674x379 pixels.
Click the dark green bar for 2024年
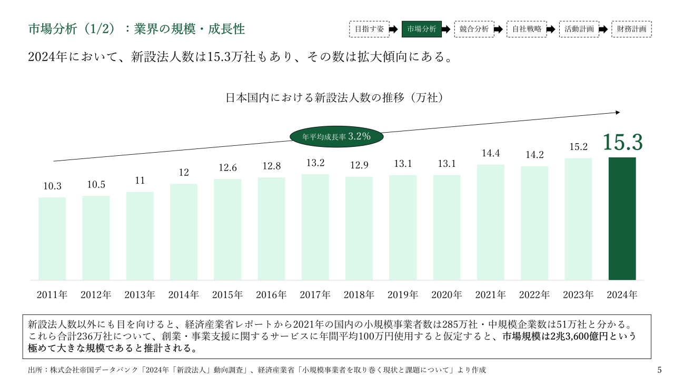pyautogui.click(x=622, y=218)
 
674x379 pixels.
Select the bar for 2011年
pyautogui.click(x=52, y=238)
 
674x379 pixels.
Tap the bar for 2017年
pyautogui.click(x=315, y=227)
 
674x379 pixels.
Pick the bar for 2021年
pyautogui.click(x=490, y=222)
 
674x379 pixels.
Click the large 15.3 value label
pyautogui.click(x=622, y=143)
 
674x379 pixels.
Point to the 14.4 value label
pyautogui.click(x=490, y=153)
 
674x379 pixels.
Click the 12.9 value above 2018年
pyautogui.click(x=359, y=165)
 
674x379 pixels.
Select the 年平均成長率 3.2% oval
pyautogui.click(x=337, y=136)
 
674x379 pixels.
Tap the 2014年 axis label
pyautogui.click(x=184, y=295)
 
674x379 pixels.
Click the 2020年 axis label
pyautogui.click(x=447, y=295)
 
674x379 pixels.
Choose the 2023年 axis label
pyautogui.click(x=578, y=295)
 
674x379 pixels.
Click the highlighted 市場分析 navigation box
pyautogui.click(x=421, y=29)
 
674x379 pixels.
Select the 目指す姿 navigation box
pyautogui.click(x=369, y=29)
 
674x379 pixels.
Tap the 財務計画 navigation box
pyautogui.click(x=631, y=29)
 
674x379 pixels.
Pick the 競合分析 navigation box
pyautogui.click(x=474, y=29)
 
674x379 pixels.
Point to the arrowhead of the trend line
pyautogui.click(x=618, y=112)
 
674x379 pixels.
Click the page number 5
pyautogui.click(x=660, y=370)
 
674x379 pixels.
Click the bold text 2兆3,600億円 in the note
pyautogui.click(x=590, y=336)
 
